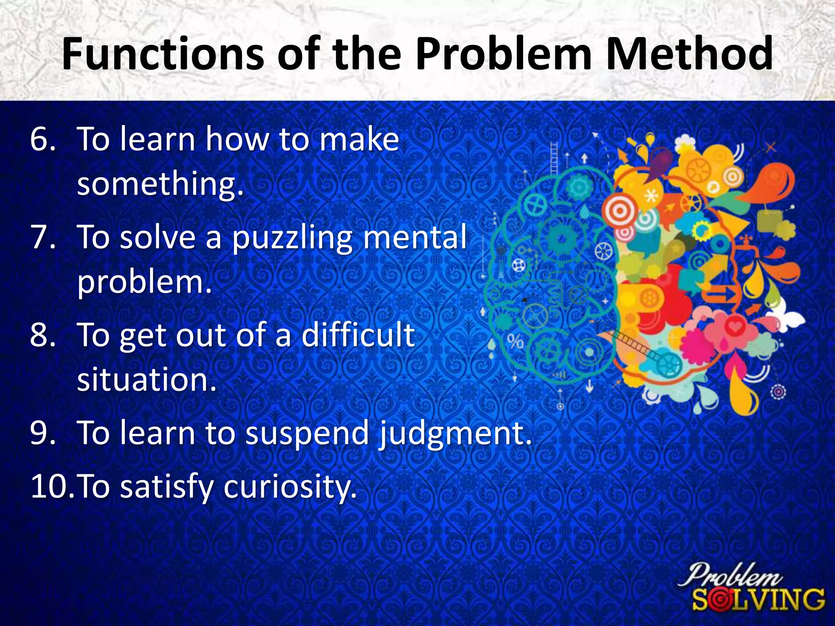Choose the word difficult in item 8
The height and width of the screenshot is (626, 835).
[x=358, y=335]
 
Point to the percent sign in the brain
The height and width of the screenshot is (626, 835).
[x=515, y=342]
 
